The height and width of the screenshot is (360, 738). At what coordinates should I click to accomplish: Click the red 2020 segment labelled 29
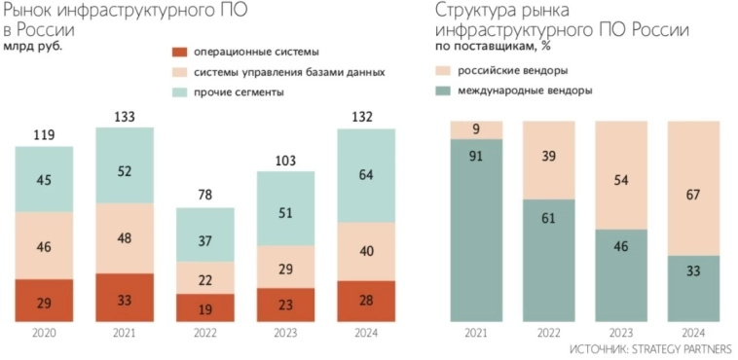(45, 302)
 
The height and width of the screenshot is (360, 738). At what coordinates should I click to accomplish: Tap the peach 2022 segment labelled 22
(204, 278)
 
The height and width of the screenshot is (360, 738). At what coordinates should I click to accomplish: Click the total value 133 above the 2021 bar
(125, 117)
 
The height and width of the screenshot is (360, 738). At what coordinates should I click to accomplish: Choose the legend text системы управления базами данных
(289, 72)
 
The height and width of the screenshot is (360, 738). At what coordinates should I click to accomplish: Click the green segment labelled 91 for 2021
(476, 231)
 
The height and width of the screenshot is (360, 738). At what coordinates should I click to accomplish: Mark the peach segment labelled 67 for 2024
(693, 188)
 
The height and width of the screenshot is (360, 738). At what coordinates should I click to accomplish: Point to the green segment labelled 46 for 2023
(621, 275)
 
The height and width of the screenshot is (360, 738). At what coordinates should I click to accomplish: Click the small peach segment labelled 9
(476, 129)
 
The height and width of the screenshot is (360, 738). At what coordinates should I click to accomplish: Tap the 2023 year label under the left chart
(284, 334)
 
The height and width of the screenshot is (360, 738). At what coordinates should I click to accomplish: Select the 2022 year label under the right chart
(548, 334)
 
